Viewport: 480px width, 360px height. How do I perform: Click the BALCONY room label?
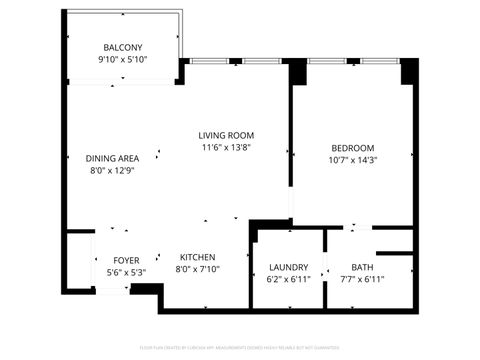123,48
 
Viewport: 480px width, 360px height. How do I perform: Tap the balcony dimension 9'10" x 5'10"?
123,61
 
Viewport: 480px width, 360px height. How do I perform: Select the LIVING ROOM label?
225,135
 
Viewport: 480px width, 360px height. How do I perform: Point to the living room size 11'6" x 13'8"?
225,147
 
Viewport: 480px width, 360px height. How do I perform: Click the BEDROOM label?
352,147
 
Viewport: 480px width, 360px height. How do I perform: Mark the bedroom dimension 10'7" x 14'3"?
352,159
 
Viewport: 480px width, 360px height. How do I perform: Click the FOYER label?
126,260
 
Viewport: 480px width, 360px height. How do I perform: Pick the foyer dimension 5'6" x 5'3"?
126,272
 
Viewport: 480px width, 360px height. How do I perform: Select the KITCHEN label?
197,257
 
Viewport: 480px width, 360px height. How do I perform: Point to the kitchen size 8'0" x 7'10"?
197,269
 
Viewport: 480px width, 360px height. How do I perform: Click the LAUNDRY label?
289,267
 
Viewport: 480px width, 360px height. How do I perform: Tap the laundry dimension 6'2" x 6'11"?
289,279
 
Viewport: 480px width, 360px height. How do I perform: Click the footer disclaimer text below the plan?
240,348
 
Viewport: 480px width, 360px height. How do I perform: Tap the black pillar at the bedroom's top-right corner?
408,73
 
